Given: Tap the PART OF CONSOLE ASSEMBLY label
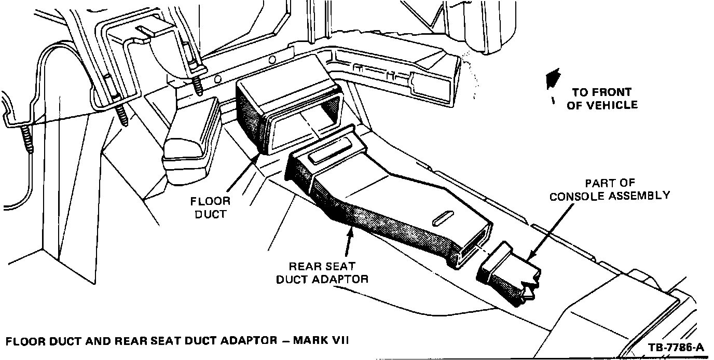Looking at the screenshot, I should pyautogui.click(x=610, y=189).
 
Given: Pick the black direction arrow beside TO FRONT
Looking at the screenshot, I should pyautogui.click(x=553, y=79).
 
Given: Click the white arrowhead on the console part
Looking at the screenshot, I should pyautogui.click(x=528, y=292).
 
